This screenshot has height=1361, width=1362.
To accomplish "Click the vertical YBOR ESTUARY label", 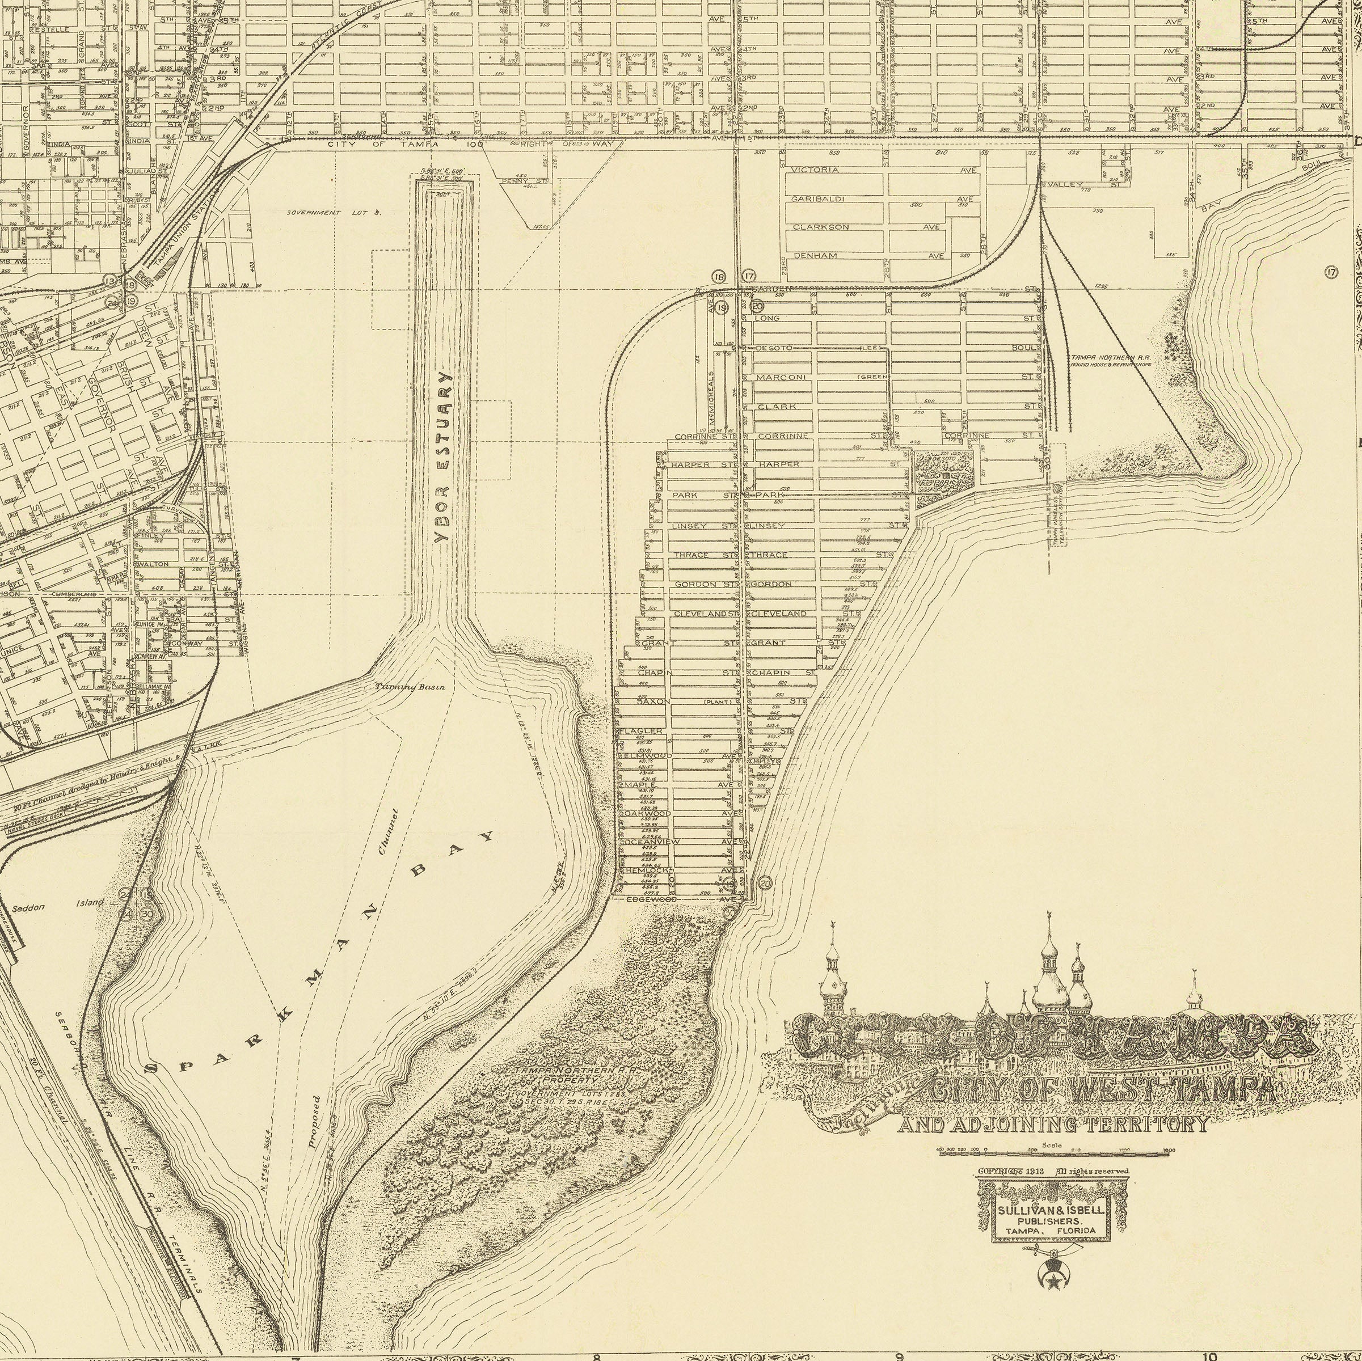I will coord(442,458).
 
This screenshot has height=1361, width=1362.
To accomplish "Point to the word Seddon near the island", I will coord(29,907).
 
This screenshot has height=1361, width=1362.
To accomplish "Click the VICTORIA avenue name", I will coord(815,171).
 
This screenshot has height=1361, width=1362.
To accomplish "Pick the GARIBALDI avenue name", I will coord(818,200).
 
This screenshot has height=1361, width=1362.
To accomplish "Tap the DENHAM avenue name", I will coord(815,256).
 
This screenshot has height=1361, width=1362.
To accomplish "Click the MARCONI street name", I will coord(781,378).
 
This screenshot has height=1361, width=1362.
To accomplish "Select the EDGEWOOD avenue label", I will coord(652,900).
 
